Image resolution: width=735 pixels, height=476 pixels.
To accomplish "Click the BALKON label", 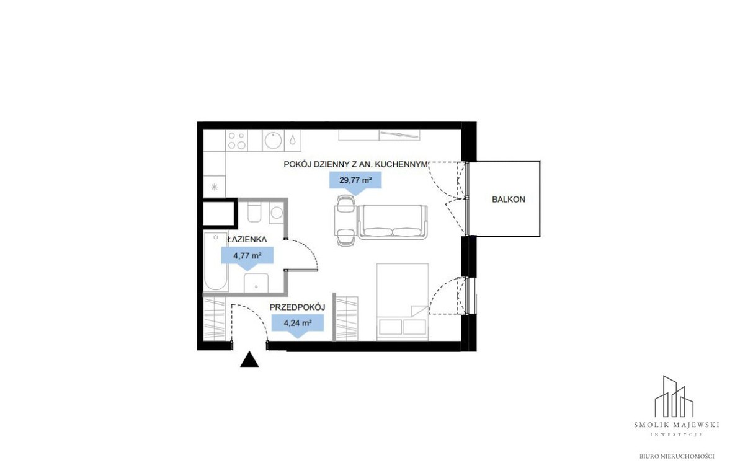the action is coord(508,199).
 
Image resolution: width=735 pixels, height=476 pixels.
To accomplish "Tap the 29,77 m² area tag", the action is coord(355,180).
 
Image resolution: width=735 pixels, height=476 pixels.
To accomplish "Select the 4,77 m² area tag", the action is coord(247,257).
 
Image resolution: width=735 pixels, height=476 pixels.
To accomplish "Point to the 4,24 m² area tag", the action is coord(298,324).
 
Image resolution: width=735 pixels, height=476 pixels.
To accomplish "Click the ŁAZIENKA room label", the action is coord(247,239).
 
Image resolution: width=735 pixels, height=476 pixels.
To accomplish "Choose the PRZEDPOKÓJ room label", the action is coord(297,307).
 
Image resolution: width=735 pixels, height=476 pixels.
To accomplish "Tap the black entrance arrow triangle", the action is coord(249,359).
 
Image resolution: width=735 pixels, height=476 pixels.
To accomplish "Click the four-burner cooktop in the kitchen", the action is coord(236,140).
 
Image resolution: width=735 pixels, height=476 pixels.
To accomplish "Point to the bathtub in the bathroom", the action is coord(216,262).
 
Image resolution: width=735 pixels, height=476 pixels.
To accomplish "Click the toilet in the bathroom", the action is coord(254,213).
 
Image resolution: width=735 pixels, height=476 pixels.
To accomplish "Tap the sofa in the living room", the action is coord(393,222).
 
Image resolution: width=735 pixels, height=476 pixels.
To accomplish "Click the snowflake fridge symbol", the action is coord(214,187).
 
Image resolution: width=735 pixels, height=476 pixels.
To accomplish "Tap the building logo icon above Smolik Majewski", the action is coord(674,396).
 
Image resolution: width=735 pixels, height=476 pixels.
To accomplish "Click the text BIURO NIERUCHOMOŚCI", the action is coord(677,456).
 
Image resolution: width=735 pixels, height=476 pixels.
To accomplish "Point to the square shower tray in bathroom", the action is coord(256,283).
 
